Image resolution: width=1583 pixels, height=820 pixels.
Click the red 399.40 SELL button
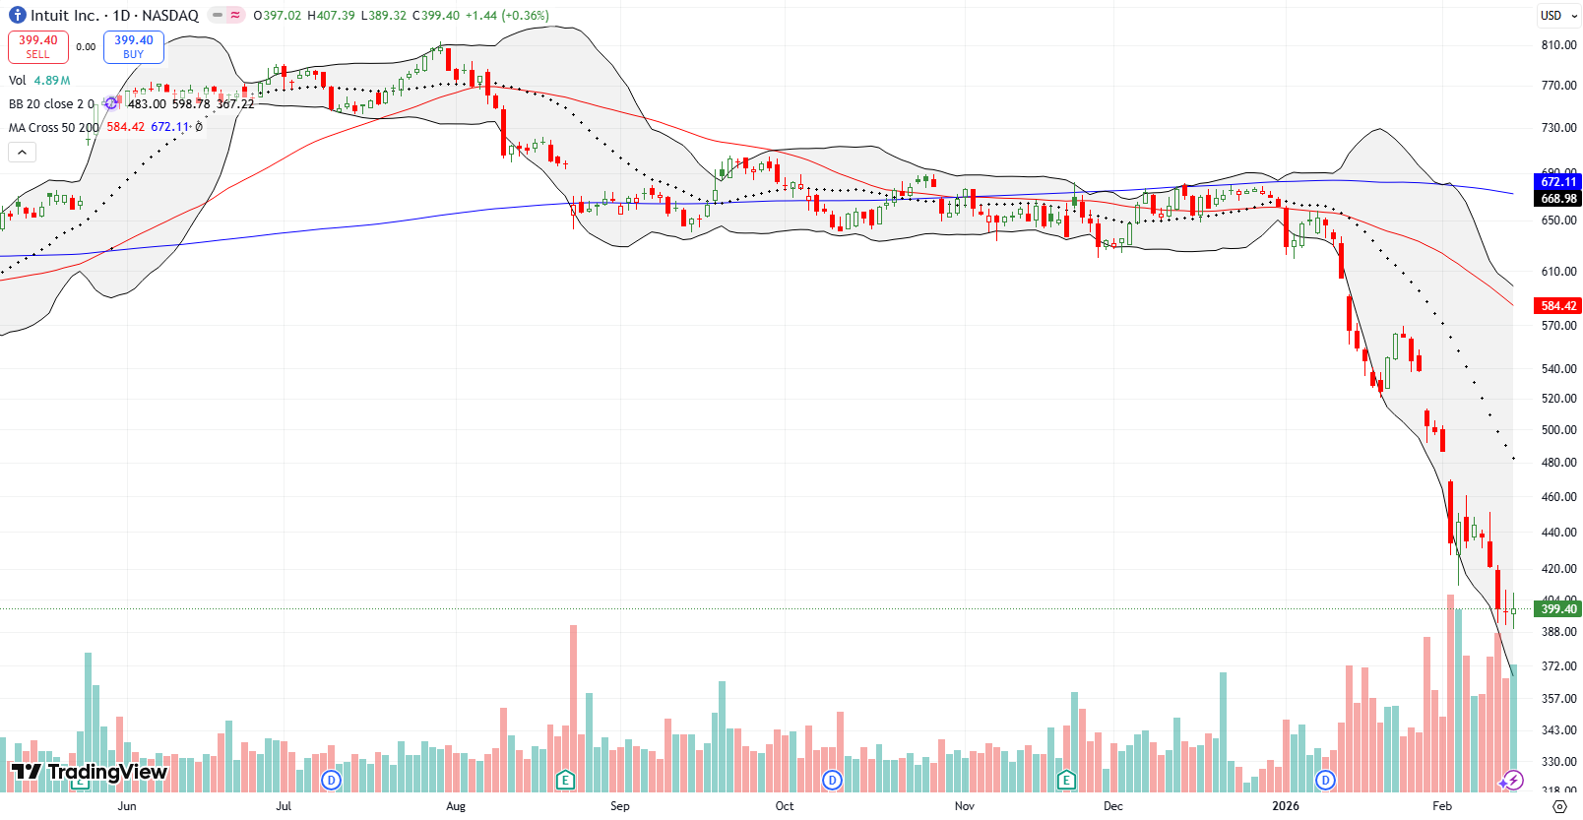(x=38, y=46)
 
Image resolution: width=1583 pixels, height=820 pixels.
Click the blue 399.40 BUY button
(x=133, y=46)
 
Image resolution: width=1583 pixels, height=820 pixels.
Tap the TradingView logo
(x=89, y=772)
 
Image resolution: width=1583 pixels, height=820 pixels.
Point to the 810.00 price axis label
(x=1558, y=45)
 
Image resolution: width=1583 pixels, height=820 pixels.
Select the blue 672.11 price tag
(x=1557, y=182)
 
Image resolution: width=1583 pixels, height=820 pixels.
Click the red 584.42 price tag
(x=1557, y=306)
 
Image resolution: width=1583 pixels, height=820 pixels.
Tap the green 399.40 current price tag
(x=1557, y=609)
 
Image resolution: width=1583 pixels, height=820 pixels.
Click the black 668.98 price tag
(x=1557, y=199)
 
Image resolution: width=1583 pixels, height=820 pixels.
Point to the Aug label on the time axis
(x=456, y=806)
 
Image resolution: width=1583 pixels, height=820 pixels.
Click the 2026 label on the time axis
(x=1285, y=806)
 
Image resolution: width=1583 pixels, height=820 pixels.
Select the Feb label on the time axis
(x=1442, y=806)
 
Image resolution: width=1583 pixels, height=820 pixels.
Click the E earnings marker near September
(x=565, y=781)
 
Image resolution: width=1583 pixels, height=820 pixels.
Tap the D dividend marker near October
(x=833, y=781)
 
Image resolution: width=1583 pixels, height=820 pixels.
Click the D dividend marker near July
(x=332, y=781)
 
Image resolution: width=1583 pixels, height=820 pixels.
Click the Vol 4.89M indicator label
(x=39, y=81)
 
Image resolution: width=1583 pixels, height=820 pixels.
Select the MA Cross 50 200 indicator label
(x=54, y=127)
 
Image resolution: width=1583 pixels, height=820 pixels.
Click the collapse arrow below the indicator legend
(x=22, y=152)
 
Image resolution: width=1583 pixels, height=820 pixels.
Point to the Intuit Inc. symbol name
(x=65, y=16)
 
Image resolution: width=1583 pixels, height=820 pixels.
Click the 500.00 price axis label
(x=1558, y=430)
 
